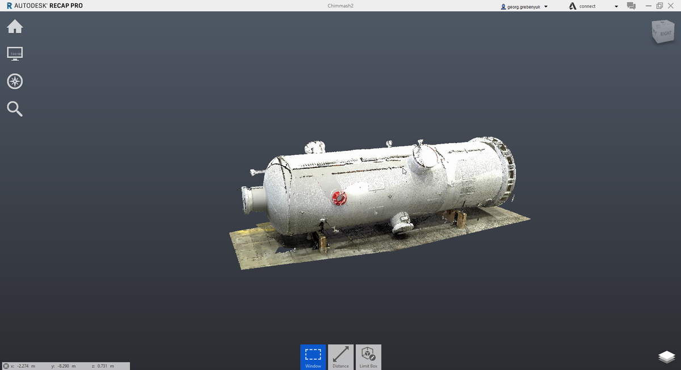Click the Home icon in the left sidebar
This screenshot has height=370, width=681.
point(15,27)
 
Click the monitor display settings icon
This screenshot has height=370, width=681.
point(15,54)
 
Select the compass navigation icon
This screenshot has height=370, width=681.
point(15,81)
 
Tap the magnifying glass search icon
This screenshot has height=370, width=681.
point(15,108)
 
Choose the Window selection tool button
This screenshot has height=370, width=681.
point(313,357)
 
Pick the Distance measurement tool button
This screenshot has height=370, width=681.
point(340,357)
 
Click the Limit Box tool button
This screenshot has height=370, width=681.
point(368,357)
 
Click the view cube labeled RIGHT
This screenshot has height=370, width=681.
point(663,32)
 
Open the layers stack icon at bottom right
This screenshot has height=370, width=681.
point(666,356)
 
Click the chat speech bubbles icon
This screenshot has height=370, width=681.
point(631,6)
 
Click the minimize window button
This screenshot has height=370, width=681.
point(648,6)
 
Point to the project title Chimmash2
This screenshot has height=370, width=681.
point(340,6)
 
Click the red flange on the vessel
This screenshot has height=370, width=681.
point(339,198)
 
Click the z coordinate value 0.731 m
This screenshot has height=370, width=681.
point(106,366)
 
